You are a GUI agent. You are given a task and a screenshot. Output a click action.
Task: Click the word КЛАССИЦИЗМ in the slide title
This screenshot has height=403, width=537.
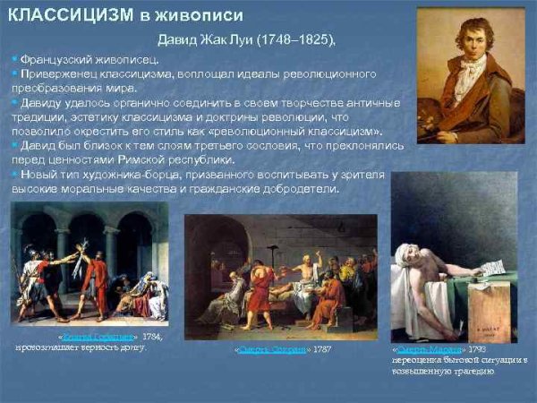[x=66, y=14]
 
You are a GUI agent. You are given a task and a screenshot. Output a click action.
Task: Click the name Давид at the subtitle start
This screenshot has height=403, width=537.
[x=178, y=40]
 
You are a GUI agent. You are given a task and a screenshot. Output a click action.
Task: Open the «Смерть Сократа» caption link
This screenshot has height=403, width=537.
[x=272, y=348]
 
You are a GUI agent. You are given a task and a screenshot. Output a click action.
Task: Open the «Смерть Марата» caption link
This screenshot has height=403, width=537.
[x=427, y=347]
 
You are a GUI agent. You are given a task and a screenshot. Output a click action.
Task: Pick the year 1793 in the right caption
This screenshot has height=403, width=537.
[x=476, y=347]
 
